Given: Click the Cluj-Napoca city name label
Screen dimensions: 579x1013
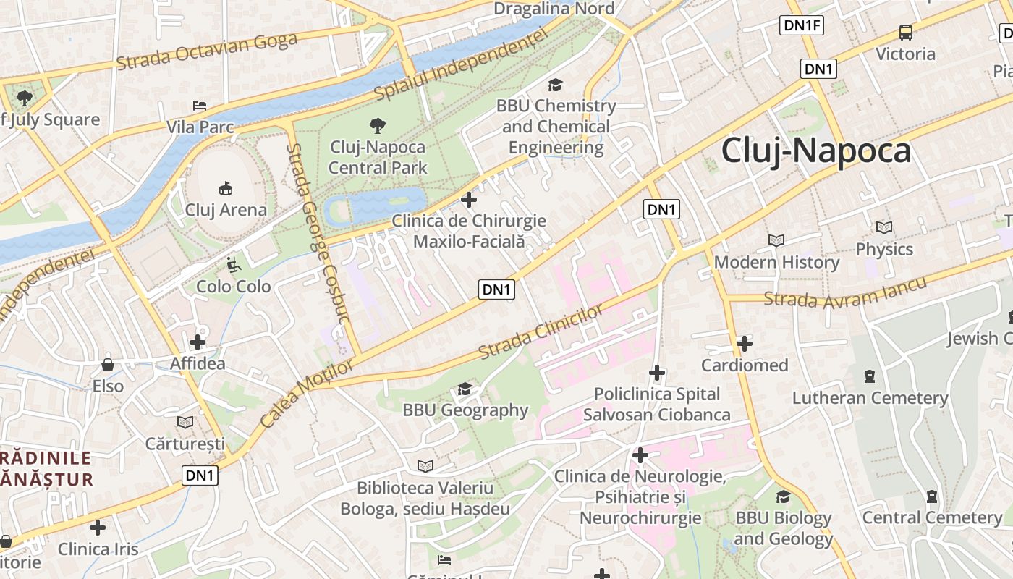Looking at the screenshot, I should click(816, 151).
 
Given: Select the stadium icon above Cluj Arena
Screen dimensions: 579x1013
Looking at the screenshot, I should click(226, 189).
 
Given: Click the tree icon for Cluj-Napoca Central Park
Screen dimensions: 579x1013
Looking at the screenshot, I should click(377, 126).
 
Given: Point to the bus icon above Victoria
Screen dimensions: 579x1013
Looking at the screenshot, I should click(905, 33).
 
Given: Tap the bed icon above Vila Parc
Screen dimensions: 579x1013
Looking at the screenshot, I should click(200, 106).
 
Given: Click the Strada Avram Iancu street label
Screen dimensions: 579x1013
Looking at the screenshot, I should click(845, 292).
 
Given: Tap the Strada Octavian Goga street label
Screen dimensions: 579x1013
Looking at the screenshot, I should click(207, 51).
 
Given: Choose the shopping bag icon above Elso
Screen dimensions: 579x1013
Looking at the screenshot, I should click(108, 364).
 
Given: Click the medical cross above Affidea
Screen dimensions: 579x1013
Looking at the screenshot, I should click(198, 342).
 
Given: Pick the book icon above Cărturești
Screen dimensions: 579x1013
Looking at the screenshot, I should click(185, 422).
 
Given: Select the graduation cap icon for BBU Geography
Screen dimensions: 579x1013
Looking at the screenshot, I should click(465, 389).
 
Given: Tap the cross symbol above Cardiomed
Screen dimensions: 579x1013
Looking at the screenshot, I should click(745, 343).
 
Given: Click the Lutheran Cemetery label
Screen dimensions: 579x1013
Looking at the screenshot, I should click(870, 398).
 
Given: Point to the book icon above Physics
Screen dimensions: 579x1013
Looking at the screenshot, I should click(883, 227).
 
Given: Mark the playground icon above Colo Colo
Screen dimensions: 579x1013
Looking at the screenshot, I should click(233, 266).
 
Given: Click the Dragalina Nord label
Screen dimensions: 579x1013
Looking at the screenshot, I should click(554, 9).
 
